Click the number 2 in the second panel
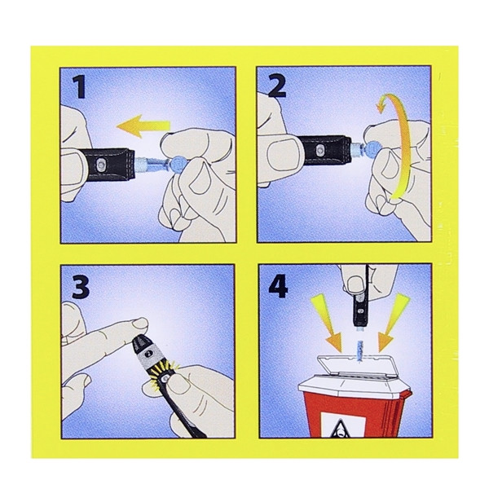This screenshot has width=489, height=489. click(276, 86)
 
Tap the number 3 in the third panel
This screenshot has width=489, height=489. click(81, 286)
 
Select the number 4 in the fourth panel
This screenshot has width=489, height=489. click(278, 285)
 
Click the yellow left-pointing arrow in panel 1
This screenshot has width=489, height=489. click(143, 126)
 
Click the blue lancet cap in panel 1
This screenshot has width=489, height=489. click(178, 163)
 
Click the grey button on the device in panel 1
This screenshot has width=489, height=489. click(101, 163)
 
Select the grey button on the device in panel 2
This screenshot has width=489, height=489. click(318, 149)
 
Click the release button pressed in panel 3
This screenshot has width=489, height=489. click(165, 378)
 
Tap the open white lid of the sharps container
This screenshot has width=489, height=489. click(355, 368)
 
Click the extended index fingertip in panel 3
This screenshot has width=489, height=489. click(139, 324)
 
